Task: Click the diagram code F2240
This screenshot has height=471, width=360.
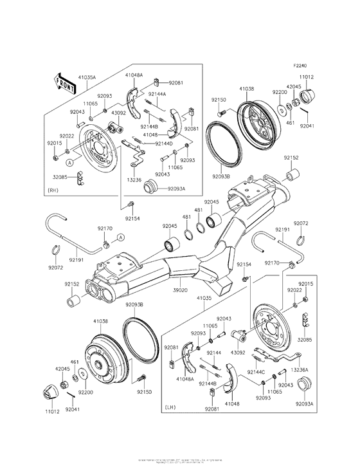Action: (x=301, y=66)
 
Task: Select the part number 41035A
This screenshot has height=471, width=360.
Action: (x=87, y=77)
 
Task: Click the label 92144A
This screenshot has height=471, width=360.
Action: (x=156, y=95)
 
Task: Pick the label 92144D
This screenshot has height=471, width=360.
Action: (x=164, y=143)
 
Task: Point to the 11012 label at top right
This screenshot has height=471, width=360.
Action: (x=307, y=77)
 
